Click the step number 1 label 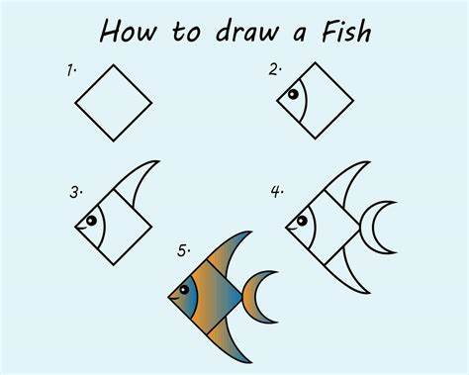click(71, 70)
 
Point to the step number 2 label click(272, 69)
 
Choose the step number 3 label click(73, 191)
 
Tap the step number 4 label click(278, 188)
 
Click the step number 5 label click(182, 252)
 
